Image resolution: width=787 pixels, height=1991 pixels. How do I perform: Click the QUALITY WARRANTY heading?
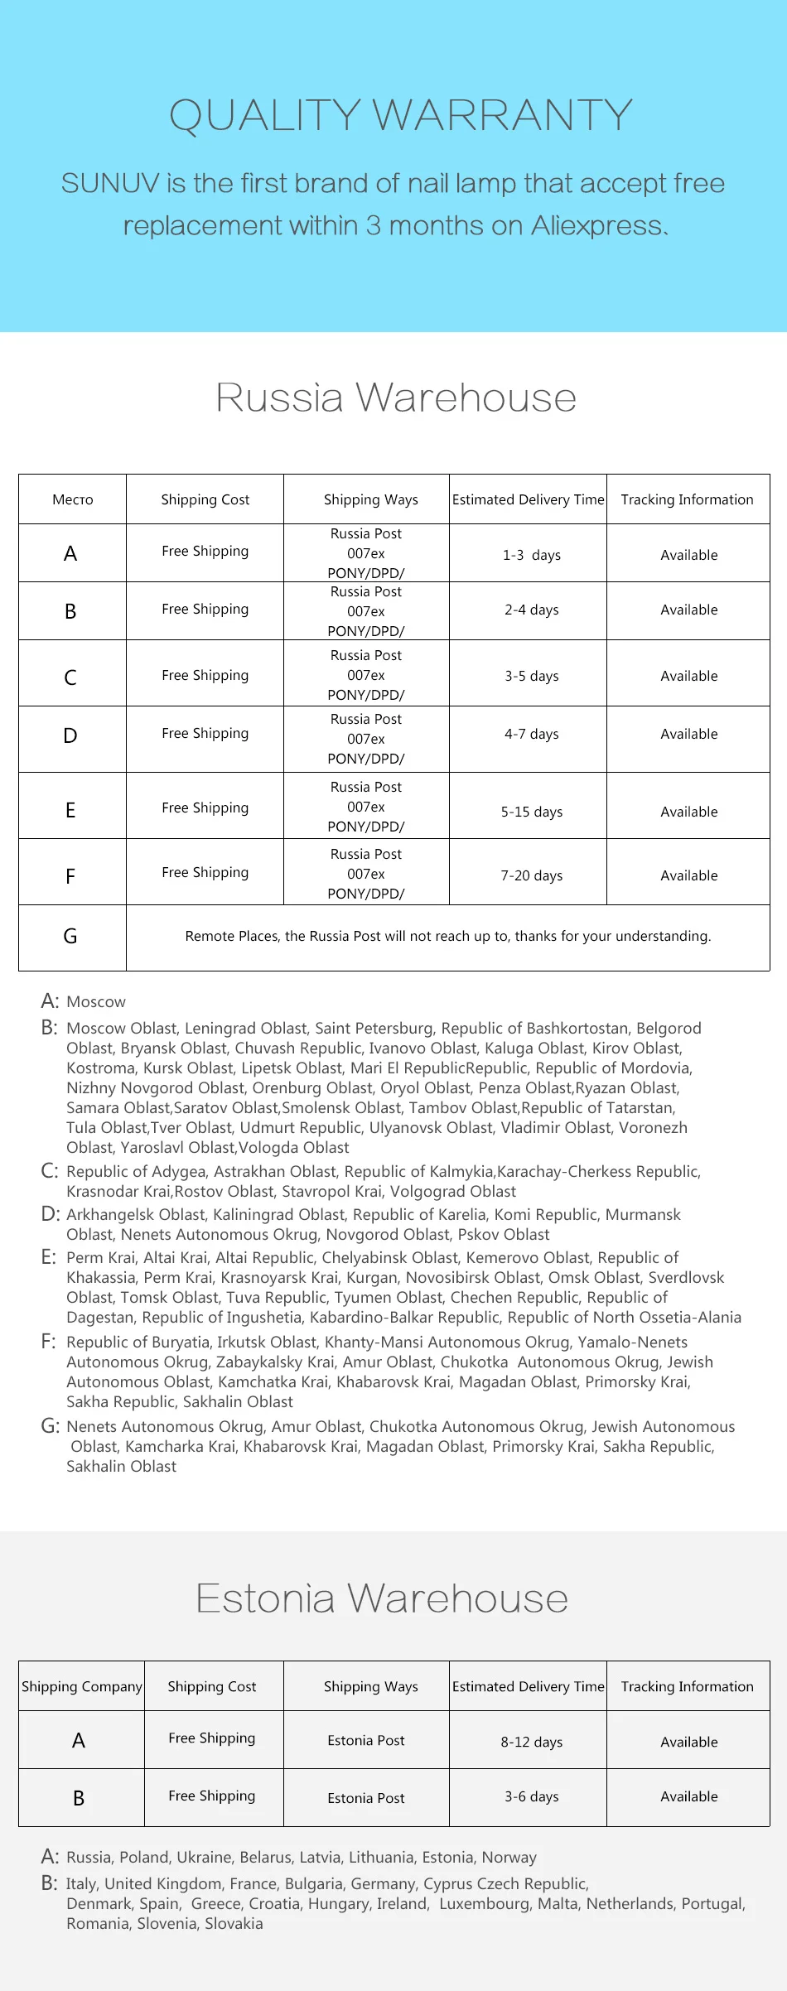pyautogui.click(x=401, y=115)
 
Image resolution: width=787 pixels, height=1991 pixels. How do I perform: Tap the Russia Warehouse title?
pyautogui.click(x=396, y=398)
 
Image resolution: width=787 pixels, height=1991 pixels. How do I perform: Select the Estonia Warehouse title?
pyautogui.click(x=382, y=1598)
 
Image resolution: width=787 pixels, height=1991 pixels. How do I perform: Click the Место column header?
pyautogui.click(x=73, y=499)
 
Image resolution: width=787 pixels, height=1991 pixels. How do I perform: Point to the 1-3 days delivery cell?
pyautogui.click(x=531, y=555)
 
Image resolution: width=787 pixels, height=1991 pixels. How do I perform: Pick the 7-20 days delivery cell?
pyautogui.click(x=531, y=875)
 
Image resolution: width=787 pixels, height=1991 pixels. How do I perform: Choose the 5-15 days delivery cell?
pyautogui.click(x=531, y=812)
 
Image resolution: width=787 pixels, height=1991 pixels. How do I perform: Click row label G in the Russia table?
pyautogui.click(x=70, y=936)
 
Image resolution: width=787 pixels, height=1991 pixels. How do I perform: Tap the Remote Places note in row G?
pyautogui.click(x=447, y=936)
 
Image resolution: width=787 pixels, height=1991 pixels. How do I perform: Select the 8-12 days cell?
pyautogui.click(x=531, y=1742)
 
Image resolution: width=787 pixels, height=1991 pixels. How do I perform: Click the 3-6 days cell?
pyautogui.click(x=531, y=1796)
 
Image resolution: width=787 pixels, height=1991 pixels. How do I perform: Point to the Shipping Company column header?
pyautogui.click(x=82, y=1686)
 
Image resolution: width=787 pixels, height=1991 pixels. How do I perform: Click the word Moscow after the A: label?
pyautogui.click(x=96, y=1002)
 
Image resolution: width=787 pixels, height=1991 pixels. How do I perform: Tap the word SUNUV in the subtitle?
pyautogui.click(x=110, y=183)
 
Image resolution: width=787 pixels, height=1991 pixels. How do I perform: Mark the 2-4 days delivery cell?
pyautogui.click(x=531, y=610)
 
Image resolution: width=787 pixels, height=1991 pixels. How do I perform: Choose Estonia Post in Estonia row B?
pyautogui.click(x=365, y=1798)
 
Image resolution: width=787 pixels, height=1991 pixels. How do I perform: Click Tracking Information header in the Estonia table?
pyautogui.click(x=687, y=1686)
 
